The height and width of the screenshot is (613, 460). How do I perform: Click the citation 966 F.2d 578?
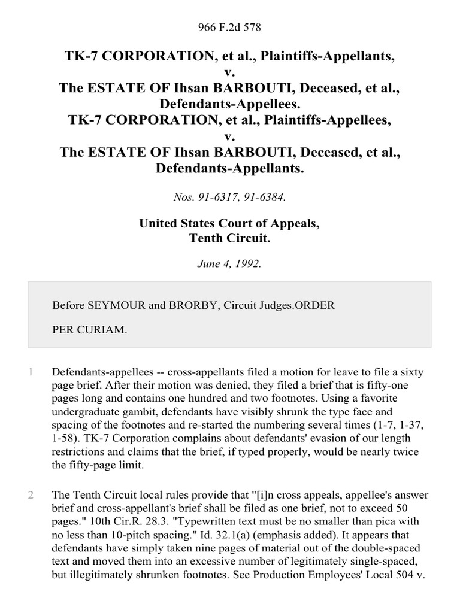[x=229, y=28]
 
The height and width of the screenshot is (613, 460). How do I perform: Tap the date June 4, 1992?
[x=229, y=263]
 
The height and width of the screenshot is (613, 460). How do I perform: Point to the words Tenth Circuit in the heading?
[x=229, y=238]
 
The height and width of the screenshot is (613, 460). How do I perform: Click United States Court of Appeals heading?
[x=229, y=224]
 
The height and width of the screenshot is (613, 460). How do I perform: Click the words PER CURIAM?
[x=89, y=329]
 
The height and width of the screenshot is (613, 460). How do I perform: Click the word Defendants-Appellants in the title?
[x=229, y=169]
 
